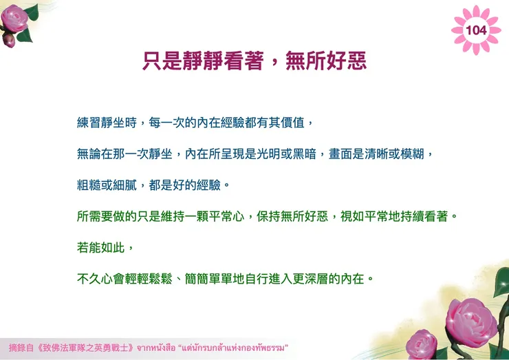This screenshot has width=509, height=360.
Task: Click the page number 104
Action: point(475,30)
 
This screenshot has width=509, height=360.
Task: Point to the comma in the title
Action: point(273,63)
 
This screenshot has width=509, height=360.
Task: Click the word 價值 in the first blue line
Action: point(295,124)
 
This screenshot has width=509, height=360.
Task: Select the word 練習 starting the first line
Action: point(87,124)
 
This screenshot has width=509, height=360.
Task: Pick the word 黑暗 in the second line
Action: point(302,155)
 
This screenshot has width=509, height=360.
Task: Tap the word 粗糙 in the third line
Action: point(87,186)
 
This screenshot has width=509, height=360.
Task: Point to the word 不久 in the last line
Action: point(87,279)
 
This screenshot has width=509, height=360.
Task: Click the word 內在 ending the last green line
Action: point(354,279)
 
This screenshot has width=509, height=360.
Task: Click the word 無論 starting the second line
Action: point(87,155)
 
